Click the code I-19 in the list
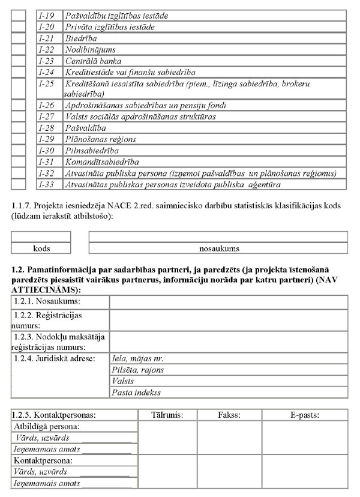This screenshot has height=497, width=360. [46, 15]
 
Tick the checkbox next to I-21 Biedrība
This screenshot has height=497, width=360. [19, 38]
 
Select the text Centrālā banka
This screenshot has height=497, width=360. [93, 61]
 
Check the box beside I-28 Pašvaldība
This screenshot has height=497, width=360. [19, 128]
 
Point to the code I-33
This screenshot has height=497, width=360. [46, 184]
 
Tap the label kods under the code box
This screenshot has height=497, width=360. [41, 248]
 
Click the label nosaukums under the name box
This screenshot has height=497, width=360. [219, 248]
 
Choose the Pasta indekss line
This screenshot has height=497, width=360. [136, 393]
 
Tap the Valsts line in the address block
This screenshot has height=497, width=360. [123, 381]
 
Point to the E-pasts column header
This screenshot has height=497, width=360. [304, 415]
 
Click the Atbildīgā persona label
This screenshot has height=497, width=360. [47, 426]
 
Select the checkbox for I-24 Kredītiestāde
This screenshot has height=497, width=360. [19, 72]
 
